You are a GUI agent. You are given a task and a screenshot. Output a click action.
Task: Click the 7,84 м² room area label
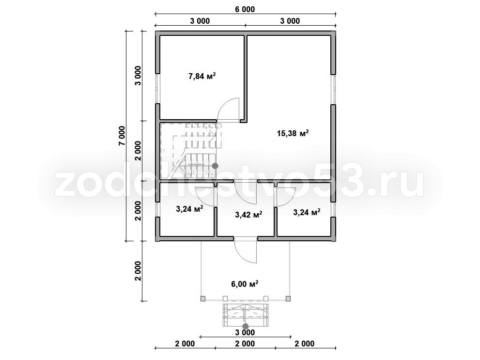pyautogui.click(x=202, y=76)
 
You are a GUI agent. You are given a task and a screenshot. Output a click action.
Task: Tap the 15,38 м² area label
pyautogui.click(x=293, y=133)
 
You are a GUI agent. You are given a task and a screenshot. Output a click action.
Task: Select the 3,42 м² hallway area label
pyautogui.click(x=248, y=215)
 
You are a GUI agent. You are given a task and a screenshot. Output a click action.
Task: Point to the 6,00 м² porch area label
pyautogui.click(x=245, y=284)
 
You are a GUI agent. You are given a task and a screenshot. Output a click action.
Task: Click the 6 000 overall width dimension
pyautogui.click(x=245, y=10)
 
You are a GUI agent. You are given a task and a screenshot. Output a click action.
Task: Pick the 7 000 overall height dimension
pyautogui.click(x=122, y=136)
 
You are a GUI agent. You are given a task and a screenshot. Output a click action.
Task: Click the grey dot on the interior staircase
pyautogui.click(x=215, y=166)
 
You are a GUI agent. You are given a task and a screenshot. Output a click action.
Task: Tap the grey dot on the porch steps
pyautogui.click(x=245, y=327)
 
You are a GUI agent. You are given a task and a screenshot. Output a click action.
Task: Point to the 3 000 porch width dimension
pyautogui.click(x=245, y=333)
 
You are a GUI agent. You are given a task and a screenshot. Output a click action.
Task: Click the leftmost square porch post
pyautogui.click(x=202, y=299)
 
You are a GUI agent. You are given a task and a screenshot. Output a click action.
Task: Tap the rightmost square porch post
pyautogui.click(x=288, y=299)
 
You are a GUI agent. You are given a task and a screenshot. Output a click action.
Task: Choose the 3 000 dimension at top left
pyautogui.click(x=200, y=21)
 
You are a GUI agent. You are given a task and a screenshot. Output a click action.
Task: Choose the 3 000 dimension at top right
pyautogui.click(x=290, y=21)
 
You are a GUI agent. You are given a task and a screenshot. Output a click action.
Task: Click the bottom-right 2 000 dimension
pyautogui.click(x=304, y=344)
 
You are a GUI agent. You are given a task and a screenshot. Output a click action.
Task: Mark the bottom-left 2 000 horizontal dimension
pyautogui.click(x=185, y=344)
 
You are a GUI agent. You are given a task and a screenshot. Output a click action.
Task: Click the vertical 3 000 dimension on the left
pyautogui.click(x=138, y=76)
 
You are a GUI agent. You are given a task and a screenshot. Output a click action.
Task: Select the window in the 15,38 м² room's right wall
pyautogui.click(x=333, y=89)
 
